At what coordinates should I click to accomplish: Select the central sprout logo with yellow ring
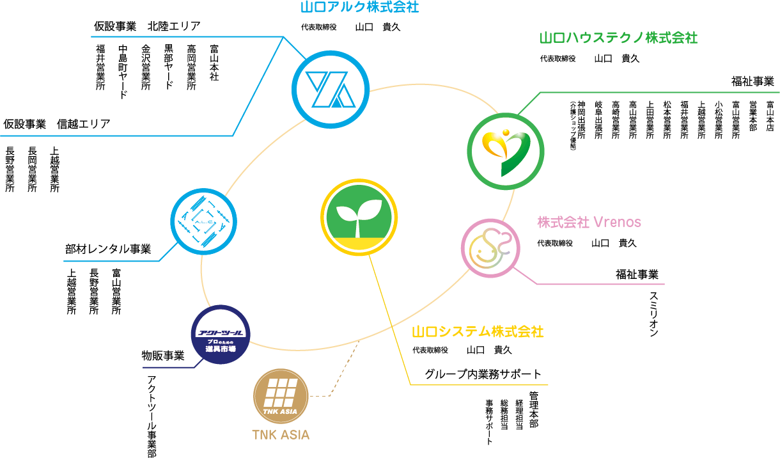[359, 216]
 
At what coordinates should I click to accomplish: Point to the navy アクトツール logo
[221, 335]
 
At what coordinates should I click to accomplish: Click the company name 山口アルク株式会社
[360, 8]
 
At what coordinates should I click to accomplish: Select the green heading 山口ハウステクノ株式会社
[618, 38]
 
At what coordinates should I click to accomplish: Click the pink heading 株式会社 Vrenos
[589, 222]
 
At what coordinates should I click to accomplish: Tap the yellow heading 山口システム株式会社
[478, 331]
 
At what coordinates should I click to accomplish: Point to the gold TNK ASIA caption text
[281, 435]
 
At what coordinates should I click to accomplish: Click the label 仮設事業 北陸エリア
[147, 26]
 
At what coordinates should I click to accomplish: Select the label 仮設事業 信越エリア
[56, 123]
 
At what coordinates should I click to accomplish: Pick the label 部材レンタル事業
[107, 249]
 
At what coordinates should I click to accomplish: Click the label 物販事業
[162, 355]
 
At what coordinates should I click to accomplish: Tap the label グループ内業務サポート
[483, 374]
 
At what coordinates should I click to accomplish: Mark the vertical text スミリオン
[654, 313]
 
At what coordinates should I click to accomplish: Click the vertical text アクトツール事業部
[152, 416]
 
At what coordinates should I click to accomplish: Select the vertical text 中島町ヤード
[123, 72]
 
